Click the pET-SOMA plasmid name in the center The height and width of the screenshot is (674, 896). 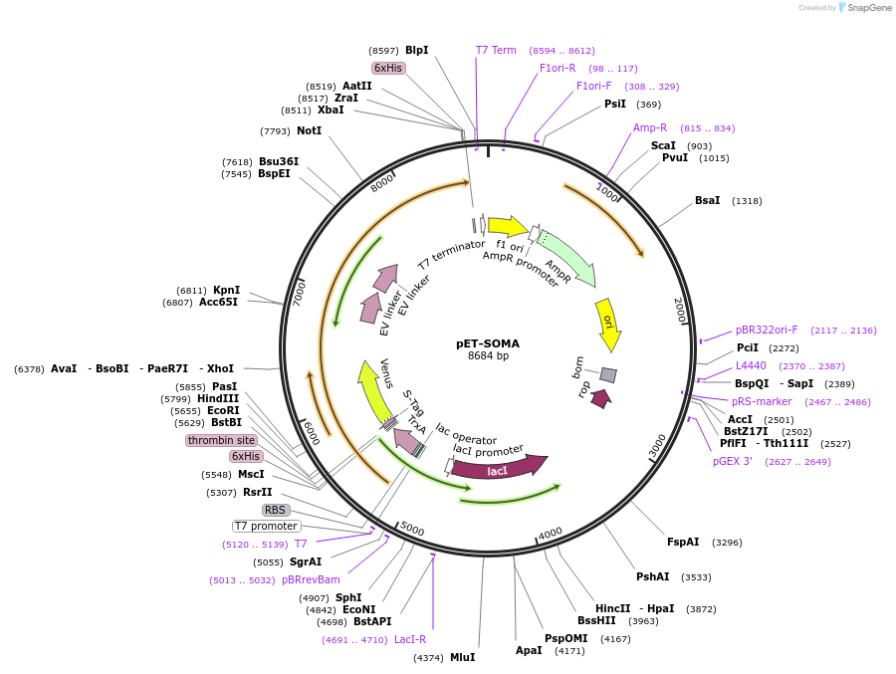(x=488, y=343)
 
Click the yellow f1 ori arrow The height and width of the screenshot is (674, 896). (x=508, y=227)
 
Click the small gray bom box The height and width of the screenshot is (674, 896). (x=608, y=374)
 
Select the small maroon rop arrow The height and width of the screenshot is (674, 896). (x=600, y=398)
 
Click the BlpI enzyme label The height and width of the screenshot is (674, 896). (x=416, y=50)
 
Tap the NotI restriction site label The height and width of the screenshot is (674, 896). (x=309, y=130)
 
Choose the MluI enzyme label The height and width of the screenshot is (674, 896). (x=462, y=657)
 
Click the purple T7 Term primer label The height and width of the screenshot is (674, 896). (x=496, y=50)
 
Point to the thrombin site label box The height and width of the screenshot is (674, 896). (x=221, y=440)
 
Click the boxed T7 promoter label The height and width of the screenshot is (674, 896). (x=266, y=526)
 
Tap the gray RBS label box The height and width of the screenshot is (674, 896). (x=276, y=510)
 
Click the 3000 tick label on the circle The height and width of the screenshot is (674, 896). (x=656, y=446)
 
